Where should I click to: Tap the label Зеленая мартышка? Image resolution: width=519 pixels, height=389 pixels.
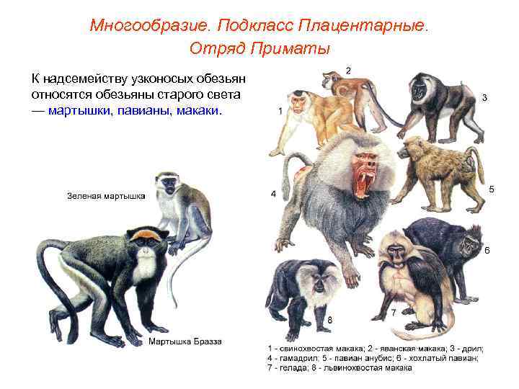click(106, 195)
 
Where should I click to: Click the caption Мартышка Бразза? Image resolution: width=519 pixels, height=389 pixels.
click(185, 341)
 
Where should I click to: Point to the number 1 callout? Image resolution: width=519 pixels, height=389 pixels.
click(279, 112)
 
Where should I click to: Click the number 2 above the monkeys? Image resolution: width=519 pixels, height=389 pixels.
click(349, 70)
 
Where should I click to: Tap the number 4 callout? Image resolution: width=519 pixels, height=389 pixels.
click(273, 194)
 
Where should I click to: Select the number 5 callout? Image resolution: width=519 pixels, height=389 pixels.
click(491, 189)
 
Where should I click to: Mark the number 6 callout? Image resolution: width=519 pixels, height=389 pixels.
click(487, 250)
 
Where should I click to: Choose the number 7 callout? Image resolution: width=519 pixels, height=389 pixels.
click(394, 311)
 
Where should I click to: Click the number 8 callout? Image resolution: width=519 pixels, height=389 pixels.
click(329, 318)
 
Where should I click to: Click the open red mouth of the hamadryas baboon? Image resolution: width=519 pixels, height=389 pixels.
click(361, 184)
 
